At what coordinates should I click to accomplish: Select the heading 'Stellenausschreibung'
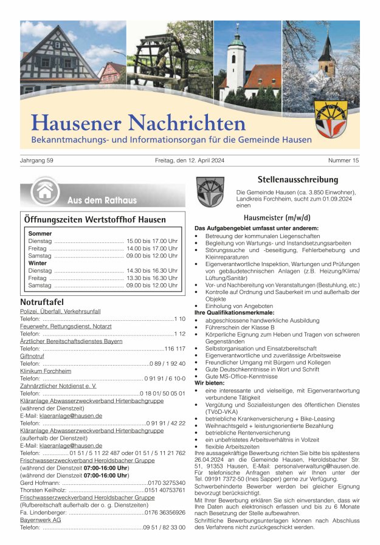coord(297,179)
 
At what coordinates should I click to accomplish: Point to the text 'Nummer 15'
coord(344,160)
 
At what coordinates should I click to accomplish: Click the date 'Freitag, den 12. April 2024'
coord(190,160)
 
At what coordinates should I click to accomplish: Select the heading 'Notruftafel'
coord(41,302)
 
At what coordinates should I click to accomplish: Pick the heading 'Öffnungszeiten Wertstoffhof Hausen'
coord(94,219)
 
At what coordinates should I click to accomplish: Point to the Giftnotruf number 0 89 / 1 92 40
coord(167,363)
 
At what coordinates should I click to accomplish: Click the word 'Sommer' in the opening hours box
coord(40,233)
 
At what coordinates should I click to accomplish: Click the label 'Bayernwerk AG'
coord(41,519)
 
